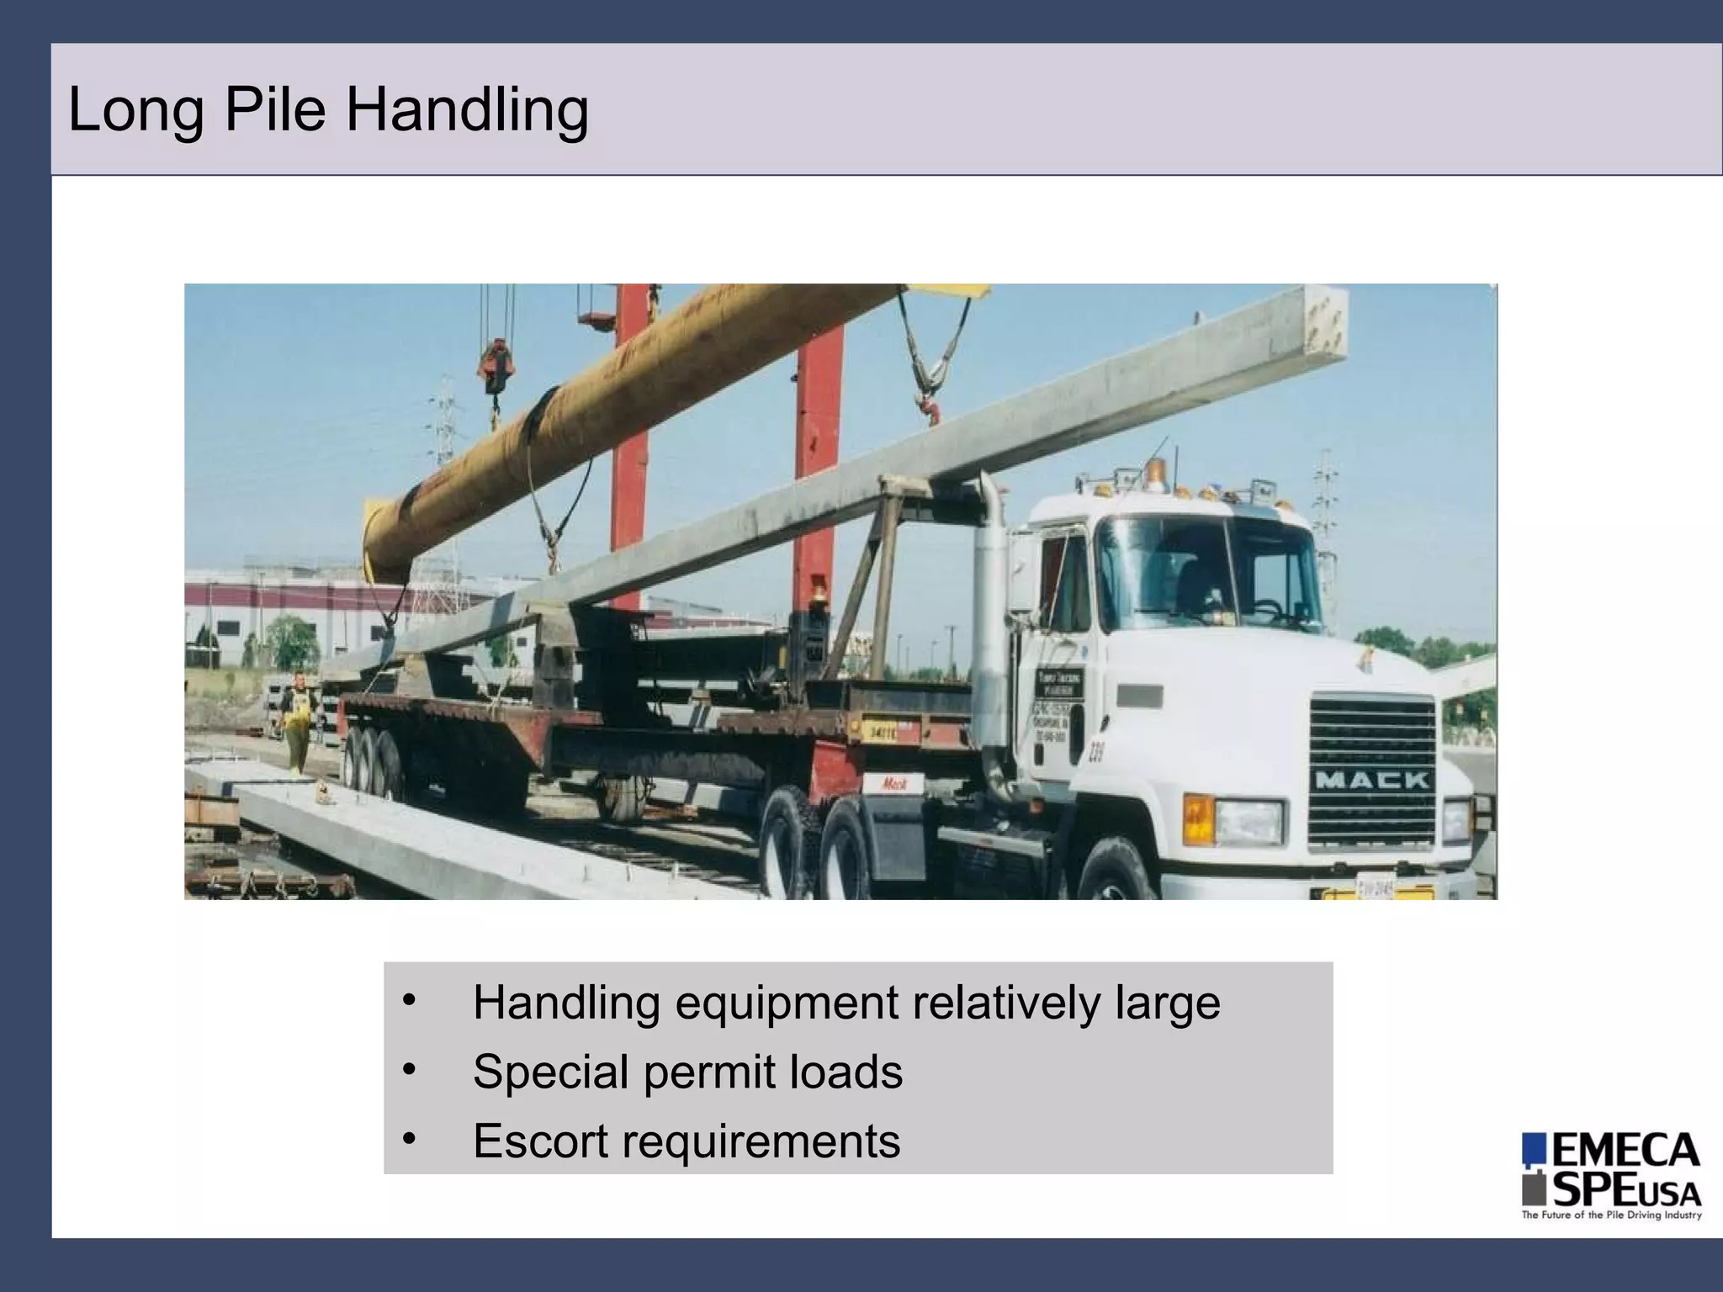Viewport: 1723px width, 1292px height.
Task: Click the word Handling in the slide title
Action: click(467, 111)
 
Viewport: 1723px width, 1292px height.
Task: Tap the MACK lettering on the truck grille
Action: click(1371, 780)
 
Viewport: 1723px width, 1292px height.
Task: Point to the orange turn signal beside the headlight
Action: click(1198, 819)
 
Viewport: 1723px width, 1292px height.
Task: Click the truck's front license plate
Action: click(1375, 887)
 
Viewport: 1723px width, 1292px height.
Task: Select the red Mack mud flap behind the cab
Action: click(894, 784)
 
